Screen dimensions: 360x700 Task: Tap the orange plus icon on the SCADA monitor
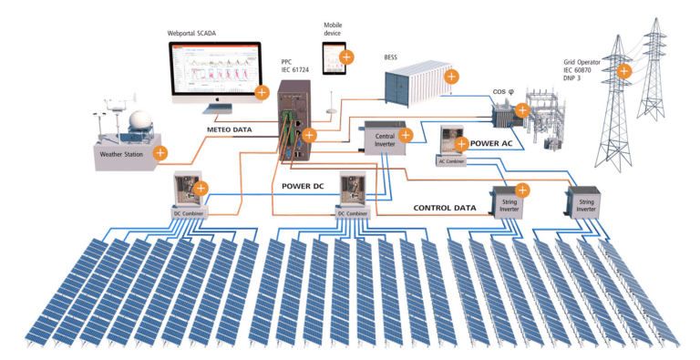tap(262, 91)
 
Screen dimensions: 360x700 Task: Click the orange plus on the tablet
tap(345, 58)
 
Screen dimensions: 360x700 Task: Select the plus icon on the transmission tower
tap(623, 70)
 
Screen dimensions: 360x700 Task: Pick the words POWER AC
tap(498, 143)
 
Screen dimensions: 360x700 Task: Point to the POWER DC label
tap(297, 187)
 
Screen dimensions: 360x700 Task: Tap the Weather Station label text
tap(122, 154)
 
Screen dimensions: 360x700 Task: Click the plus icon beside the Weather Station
tap(161, 152)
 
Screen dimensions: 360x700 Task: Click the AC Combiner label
tap(452, 161)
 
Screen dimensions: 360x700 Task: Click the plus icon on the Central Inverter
tap(406, 135)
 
